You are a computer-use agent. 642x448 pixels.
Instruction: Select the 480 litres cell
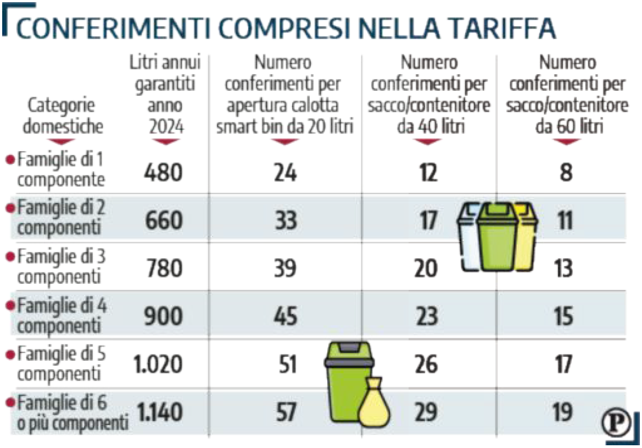coord(163,173)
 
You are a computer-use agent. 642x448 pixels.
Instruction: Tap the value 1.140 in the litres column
coord(159,411)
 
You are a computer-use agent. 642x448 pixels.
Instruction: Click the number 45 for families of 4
coord(285,316)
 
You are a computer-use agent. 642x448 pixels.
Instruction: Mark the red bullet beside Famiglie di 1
coord(9,160)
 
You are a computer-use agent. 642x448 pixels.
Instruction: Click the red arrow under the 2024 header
coord(166,142)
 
